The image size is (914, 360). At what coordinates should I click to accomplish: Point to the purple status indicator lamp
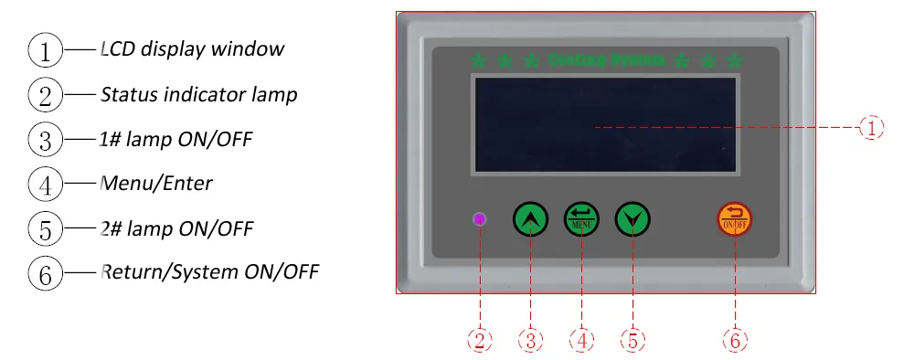(480, 219)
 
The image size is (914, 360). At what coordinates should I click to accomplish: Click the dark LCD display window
(604, 125)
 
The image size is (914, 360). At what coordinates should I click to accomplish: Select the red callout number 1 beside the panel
(872, 128)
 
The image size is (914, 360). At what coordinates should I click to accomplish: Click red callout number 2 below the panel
(480, 341)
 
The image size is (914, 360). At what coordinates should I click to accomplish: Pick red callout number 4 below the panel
(581, 341)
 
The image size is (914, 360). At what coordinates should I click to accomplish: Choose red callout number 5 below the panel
(632, 341)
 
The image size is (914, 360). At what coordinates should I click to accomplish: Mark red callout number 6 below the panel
(736, 341)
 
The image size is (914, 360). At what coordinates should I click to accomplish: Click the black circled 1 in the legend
(45, 50)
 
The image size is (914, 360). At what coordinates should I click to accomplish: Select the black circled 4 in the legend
(45, 185)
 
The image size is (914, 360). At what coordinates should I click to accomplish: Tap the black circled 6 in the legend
(45, 273)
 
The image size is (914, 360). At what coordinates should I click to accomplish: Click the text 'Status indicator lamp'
(198, 94)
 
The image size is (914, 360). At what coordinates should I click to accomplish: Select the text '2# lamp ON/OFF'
(175, 228)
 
